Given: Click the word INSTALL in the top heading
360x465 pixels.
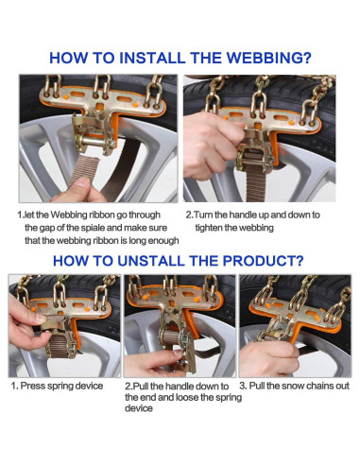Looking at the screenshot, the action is point(152,58).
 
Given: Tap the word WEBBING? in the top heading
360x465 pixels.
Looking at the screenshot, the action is point(269,58).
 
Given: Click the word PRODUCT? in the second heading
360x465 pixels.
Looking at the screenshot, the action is point(263,261).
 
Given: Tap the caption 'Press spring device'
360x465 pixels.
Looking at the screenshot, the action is point(61,386).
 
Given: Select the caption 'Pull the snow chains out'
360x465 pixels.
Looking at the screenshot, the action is point(300,386).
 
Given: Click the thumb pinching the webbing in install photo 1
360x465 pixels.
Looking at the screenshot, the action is point(82,187).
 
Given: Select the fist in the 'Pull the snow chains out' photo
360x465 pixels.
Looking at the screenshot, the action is point(268,358).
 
